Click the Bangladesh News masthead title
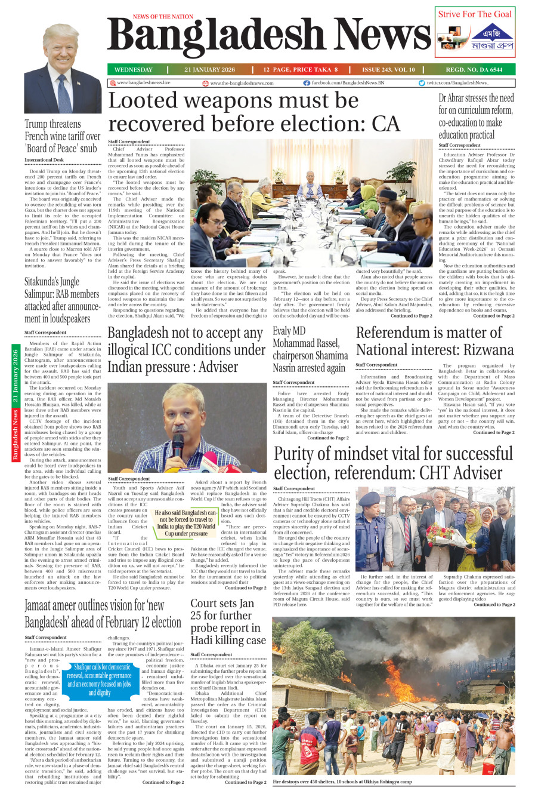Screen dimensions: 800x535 (268, 37)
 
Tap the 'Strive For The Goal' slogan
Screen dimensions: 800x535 (475, 14)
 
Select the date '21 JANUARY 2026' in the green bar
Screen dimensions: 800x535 (209, 70)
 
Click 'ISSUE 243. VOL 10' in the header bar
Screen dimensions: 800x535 (388, 70)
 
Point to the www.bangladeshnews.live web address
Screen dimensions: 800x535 (143, 83)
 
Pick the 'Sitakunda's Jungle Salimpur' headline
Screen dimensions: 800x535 (62, 300)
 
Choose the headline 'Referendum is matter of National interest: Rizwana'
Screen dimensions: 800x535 (434, 341)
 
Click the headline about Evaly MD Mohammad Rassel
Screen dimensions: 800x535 (310, 349)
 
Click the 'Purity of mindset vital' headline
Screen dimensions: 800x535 (393, 463)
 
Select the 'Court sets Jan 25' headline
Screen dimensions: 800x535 (228, 621)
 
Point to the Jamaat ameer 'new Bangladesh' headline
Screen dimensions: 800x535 (103, 613)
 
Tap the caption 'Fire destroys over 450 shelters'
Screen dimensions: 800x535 (342, 781)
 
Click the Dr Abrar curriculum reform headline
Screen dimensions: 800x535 (476, 116)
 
